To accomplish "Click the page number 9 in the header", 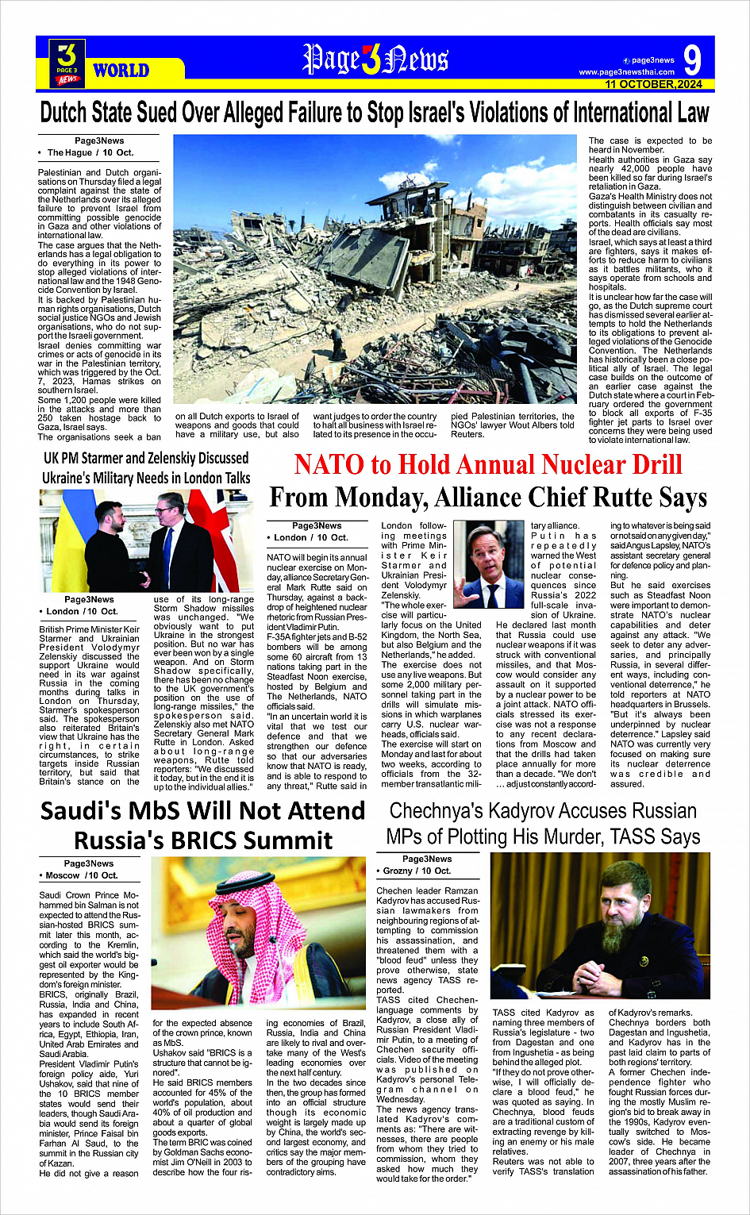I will click(691, 60).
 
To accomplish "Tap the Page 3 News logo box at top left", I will click(67, 63).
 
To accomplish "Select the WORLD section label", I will click(121, 71).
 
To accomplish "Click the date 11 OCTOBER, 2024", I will click(653, 84).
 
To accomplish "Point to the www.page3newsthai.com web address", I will click(626, 72).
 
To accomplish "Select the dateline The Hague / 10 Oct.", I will click(90, 152).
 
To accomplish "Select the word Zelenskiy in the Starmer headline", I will click(207, 459).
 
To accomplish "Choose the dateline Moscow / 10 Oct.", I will click(82, 875).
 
